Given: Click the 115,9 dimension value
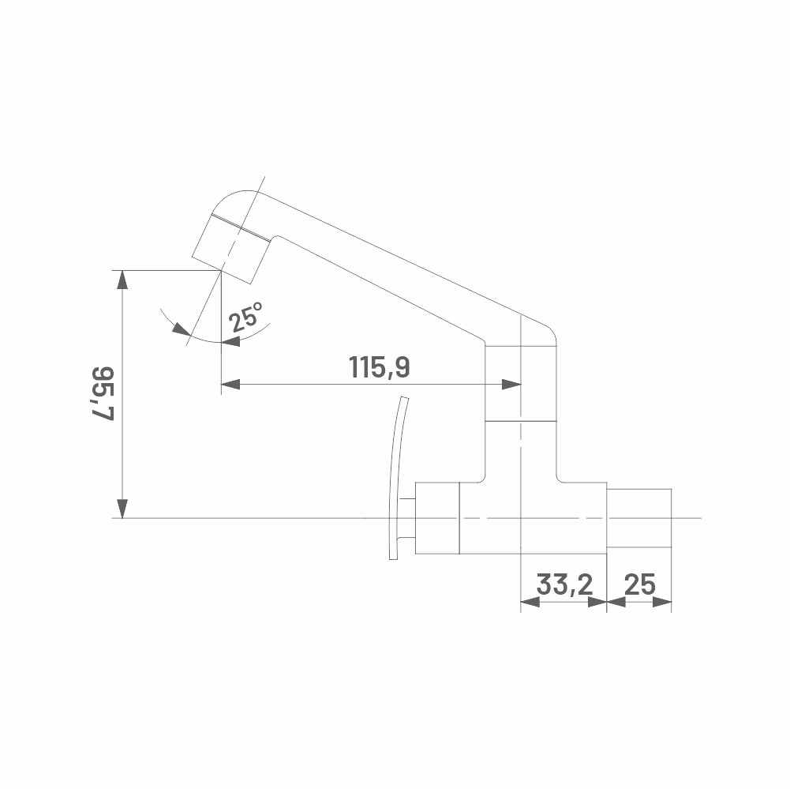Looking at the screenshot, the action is coord(380,366).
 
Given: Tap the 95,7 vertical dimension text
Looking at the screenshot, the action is coord(103,393).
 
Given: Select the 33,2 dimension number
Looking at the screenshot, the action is coord(565,584).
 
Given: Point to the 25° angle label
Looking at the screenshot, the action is coord(246,317).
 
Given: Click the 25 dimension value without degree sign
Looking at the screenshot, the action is coord(640,584).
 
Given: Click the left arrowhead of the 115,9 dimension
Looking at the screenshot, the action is coord(230,385).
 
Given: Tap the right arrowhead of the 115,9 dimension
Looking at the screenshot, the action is coord(511,385).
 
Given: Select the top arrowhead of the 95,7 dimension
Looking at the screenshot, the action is coord(122,280).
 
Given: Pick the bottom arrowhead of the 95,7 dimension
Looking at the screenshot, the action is coord(122,509).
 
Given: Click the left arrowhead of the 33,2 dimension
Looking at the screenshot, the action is coord(530,602).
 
